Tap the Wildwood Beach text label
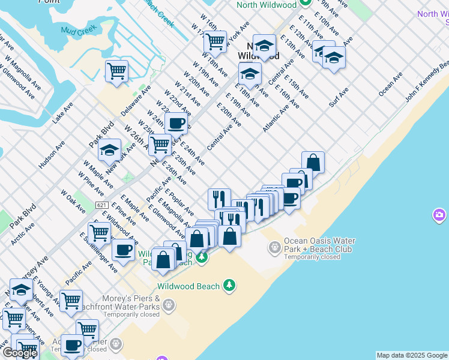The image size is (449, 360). tap(188, 286)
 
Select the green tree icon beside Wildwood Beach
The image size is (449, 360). tap(229, 286)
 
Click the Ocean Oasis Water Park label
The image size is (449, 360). tap(319, 245)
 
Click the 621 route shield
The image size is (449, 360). tap(101, 205)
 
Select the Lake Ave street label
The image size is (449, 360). tap(62, 112)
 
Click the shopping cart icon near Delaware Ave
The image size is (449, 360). tap(116, 71)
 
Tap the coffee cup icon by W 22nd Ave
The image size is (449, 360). tap(176, 124)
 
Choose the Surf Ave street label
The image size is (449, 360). tap(339, 98)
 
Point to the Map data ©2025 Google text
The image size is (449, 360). tap(412, 355)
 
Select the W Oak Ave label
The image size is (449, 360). tap(73, 202)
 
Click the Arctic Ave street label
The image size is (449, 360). tap(22, 234)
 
